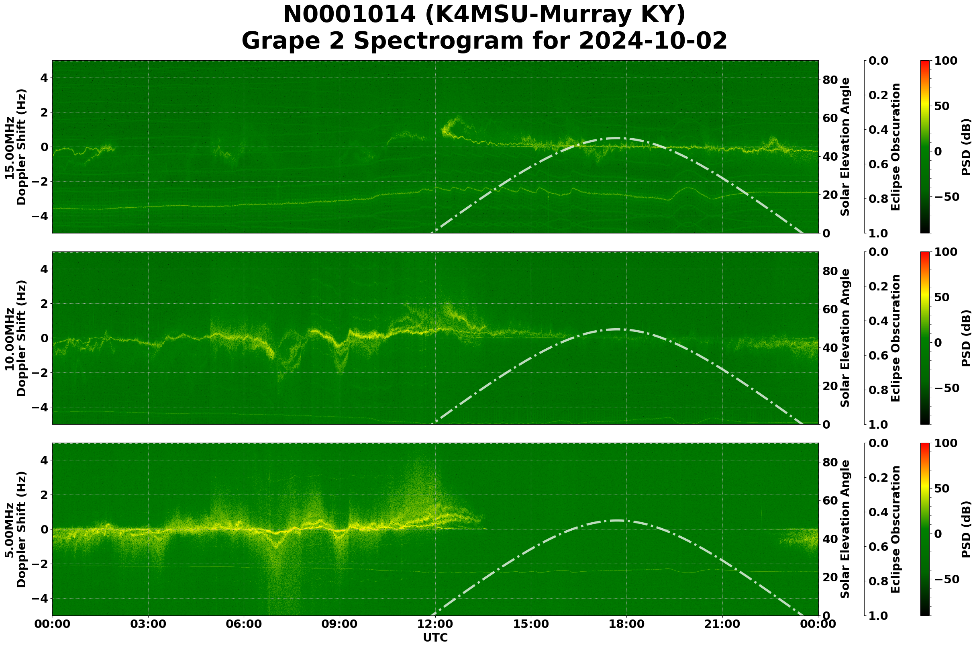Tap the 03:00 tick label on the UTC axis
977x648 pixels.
point(148,624)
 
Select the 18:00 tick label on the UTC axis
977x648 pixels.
point(627,624)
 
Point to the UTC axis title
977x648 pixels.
point(435,638)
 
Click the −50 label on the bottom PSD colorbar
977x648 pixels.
point(946,579)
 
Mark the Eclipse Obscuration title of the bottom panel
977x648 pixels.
point(895,529)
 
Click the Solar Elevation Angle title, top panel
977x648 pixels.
point(845,147)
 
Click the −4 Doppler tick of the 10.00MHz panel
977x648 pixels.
point(39,407)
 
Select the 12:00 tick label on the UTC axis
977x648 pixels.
point(435,624)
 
